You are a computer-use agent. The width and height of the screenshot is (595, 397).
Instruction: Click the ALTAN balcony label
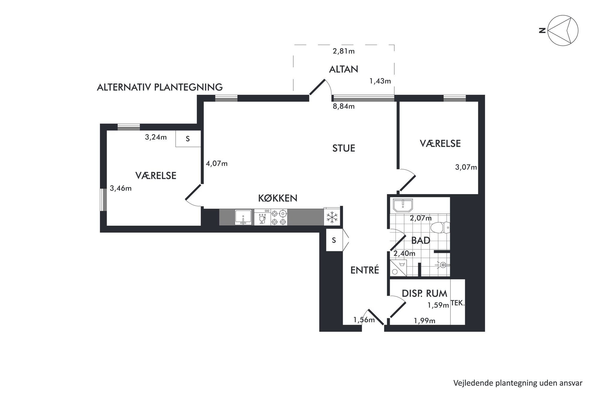click(x=343, y=69)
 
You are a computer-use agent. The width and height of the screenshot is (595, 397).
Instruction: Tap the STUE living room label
click(x=344, y=148)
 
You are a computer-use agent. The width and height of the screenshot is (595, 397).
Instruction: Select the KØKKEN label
click(x=278, y=198)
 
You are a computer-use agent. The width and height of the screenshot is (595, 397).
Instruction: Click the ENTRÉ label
click(x=365, y=270)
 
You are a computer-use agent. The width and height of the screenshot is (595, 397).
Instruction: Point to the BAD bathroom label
click(x=421, y=240)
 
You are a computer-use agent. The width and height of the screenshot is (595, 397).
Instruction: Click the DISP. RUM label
click(x=424, y=293)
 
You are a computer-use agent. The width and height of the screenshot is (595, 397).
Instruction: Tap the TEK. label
click(x=458, y=303)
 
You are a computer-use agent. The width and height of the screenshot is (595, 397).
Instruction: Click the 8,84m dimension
click(x=344, y=106)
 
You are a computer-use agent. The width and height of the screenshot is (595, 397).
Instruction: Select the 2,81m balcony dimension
click(x=344, y=51)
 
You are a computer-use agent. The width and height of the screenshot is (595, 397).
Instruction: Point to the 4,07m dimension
click(x=217, y=164)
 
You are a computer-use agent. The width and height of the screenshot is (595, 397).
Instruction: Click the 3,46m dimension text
click(x=121, y=188)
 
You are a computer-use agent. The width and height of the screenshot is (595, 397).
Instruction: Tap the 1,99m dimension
click(x=424, y=321)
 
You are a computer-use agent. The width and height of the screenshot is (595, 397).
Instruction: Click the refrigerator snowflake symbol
click(x=332, y=217)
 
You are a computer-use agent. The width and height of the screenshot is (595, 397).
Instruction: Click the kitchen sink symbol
click(x=243, y=218)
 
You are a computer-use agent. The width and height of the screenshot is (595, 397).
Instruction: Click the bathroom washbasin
click(x=403, y=205)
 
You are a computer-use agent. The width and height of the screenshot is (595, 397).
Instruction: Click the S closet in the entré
click(x=334, y=240)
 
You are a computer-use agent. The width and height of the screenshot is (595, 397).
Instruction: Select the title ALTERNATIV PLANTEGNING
click(x=160, y=87)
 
